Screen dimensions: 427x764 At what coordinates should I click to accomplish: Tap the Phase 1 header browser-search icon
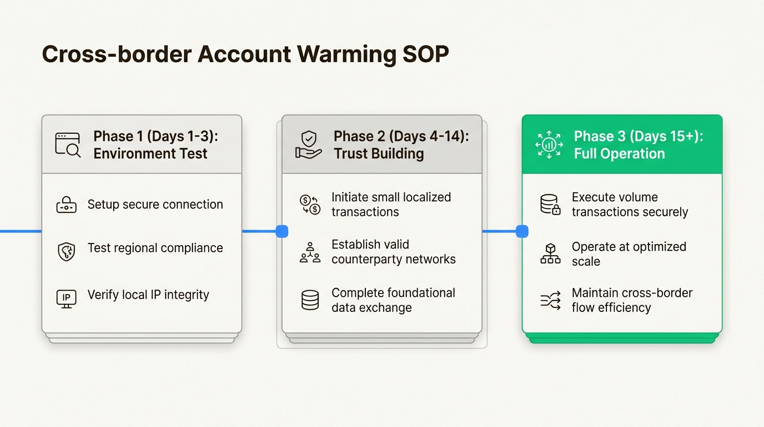coord(68,144)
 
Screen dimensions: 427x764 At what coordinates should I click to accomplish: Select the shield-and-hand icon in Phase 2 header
coord(308,145)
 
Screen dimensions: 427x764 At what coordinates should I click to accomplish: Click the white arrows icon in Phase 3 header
coord(549,145)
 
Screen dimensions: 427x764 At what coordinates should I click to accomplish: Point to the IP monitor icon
coord(67,298)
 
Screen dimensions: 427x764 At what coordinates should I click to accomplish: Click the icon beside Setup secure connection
coord(67,205)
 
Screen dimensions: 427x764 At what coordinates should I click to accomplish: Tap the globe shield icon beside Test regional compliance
coord(67,251)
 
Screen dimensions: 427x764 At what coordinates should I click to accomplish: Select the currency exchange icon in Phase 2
coord(310,205)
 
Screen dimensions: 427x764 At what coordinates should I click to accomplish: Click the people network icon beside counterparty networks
coord(310,252)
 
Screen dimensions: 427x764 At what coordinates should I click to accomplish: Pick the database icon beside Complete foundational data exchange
coord(310,300)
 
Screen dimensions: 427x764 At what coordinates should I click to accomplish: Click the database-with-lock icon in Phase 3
coord(550,205)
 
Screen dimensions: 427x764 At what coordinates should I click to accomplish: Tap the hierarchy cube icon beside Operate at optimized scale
coord(550,253)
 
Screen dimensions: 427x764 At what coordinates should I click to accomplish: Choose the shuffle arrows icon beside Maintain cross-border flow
coord(550,300)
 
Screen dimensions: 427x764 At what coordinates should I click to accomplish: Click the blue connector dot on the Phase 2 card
coord(282,231)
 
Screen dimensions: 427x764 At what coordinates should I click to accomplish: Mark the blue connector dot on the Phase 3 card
coord(522,231)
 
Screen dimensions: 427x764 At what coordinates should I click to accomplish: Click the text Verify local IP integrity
coord(148,295)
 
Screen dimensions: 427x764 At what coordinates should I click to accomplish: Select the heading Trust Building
coord(378,154)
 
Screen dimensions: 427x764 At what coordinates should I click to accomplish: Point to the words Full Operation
coord(619,154)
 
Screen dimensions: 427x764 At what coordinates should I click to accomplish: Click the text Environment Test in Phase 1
coord(150,154)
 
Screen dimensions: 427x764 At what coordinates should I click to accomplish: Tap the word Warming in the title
coord(344,54)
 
